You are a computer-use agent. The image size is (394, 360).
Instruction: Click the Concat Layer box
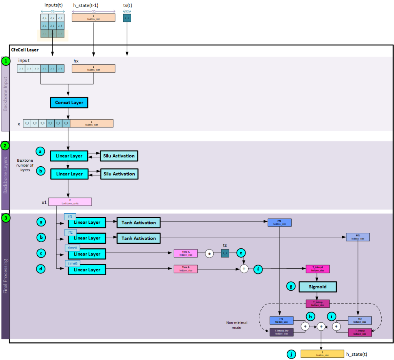tap(69, 103)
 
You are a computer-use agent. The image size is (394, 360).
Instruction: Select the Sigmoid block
tap(317, 287)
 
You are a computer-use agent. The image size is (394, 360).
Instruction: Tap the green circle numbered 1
tap(6, 61)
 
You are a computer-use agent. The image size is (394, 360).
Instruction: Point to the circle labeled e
tap(241, 253)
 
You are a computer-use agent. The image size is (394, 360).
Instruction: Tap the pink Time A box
tap(185, 253)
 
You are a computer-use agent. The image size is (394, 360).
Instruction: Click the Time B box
tap(185, 269)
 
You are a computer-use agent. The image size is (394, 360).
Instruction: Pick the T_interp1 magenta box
tap(317, 269)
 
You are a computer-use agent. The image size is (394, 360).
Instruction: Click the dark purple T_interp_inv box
tap(282, 332)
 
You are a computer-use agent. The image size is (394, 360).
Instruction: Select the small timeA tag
tap(72, 248)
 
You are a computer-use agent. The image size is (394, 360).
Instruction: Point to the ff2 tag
tap(70, 232)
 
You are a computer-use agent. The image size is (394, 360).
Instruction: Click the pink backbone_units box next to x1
tap(70, 202)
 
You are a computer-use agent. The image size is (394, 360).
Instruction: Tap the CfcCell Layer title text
tap(25, 50)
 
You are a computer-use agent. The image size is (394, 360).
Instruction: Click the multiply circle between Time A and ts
tap(209, 253)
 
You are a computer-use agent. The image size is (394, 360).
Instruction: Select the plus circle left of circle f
tap(244, 269)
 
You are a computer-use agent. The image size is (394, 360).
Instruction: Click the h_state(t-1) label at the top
tap(91, 5)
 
